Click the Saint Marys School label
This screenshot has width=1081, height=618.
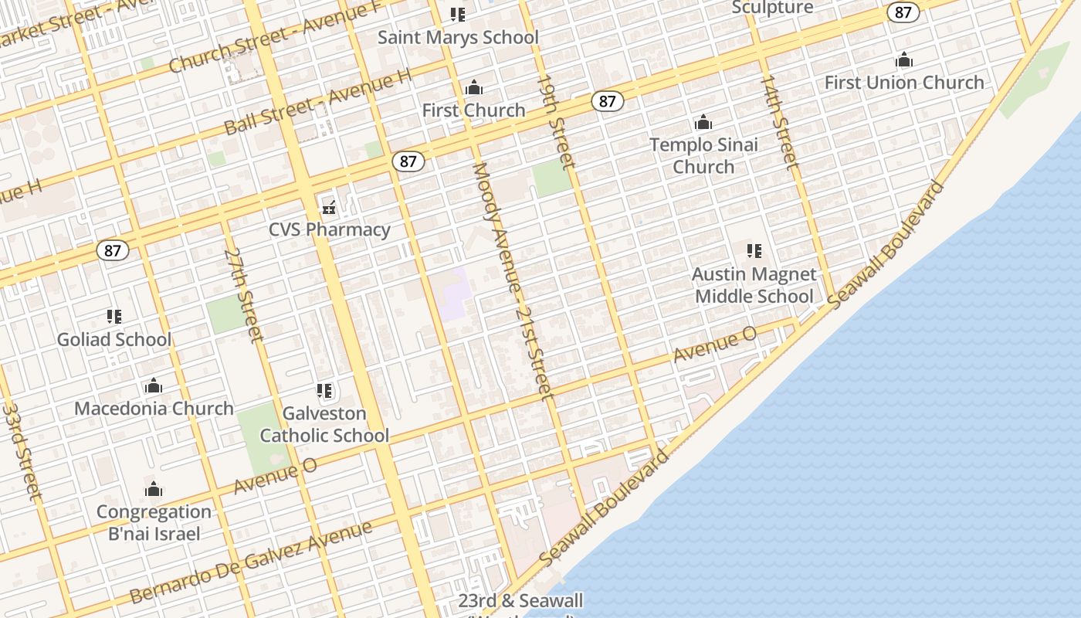pos(458,37)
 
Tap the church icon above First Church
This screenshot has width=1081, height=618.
pos(474,88)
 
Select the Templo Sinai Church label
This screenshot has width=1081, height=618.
pos(703,155)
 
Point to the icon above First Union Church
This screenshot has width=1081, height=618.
pos(904,60)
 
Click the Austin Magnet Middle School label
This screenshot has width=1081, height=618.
pos(754,285)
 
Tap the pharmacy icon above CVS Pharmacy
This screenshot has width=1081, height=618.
pos(330,207)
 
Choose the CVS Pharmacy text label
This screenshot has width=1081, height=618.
pos(330,229)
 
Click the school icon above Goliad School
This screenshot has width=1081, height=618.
pos(114,317)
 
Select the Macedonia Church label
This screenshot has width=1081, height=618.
pos(154,409)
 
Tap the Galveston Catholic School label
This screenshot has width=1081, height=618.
pos(324,424)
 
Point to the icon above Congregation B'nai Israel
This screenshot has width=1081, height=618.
pos(154,489)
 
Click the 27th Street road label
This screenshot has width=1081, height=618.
pos(244,294)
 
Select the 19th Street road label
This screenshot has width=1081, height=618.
pos(556,121)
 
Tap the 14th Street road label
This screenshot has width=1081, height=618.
pos(779,121)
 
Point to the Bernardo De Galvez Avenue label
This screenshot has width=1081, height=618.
pos(252,562)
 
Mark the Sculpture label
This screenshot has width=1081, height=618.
pos(772,8)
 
